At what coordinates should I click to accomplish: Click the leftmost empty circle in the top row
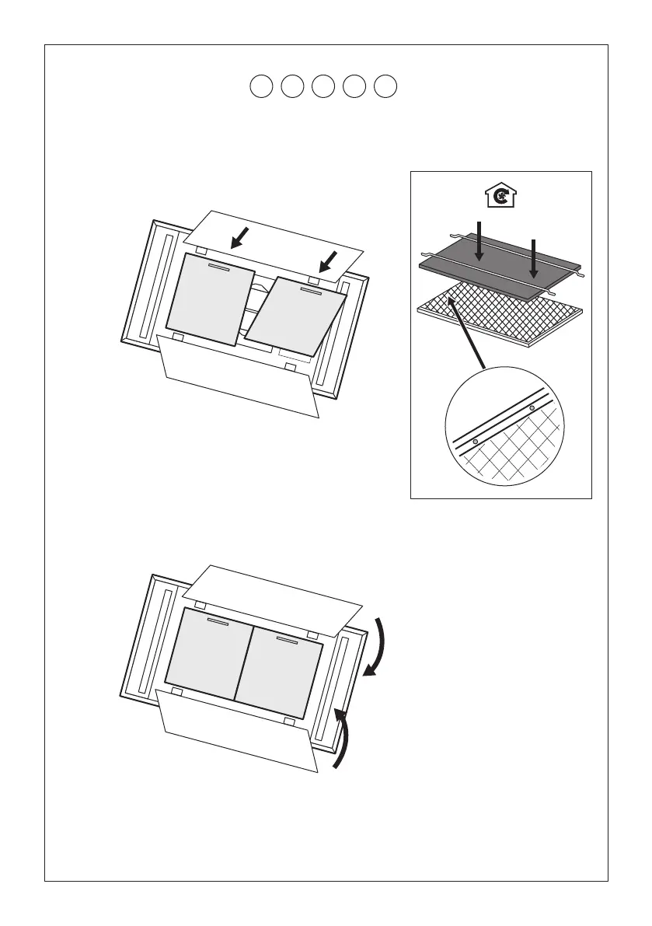[262, 86]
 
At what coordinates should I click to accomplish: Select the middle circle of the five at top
[323, 86]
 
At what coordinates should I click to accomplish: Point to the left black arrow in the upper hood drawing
[239, 238]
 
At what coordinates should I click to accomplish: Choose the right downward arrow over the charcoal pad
[533, 257]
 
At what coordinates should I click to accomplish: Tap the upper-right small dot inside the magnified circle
[532, 407]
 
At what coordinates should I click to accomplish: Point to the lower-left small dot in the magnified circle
[475, 442]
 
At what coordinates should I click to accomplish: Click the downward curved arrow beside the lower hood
[375, 649]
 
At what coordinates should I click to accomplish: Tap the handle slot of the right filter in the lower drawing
[287, 642]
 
